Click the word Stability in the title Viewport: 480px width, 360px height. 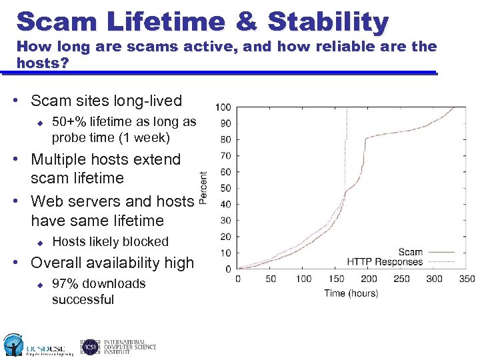[327, 21]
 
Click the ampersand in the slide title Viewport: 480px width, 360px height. [246, 21]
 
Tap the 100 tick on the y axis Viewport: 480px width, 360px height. [223, 107]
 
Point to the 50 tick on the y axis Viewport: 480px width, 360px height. [225, 189]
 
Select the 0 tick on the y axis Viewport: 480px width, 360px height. [228, 269]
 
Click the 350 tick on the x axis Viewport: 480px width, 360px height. [467, 279]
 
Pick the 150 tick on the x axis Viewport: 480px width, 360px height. [336, 279]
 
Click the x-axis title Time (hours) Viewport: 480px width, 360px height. [351, 293]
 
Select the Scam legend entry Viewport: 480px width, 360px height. [410, 252]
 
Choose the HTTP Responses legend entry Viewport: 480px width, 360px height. [385, 261]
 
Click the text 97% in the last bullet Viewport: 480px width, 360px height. [65, 283]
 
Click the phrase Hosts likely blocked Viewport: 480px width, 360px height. [110, 241]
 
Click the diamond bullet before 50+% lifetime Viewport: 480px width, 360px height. [39, 122]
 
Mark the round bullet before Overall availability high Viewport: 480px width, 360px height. [23, 263]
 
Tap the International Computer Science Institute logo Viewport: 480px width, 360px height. [119, 346]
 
